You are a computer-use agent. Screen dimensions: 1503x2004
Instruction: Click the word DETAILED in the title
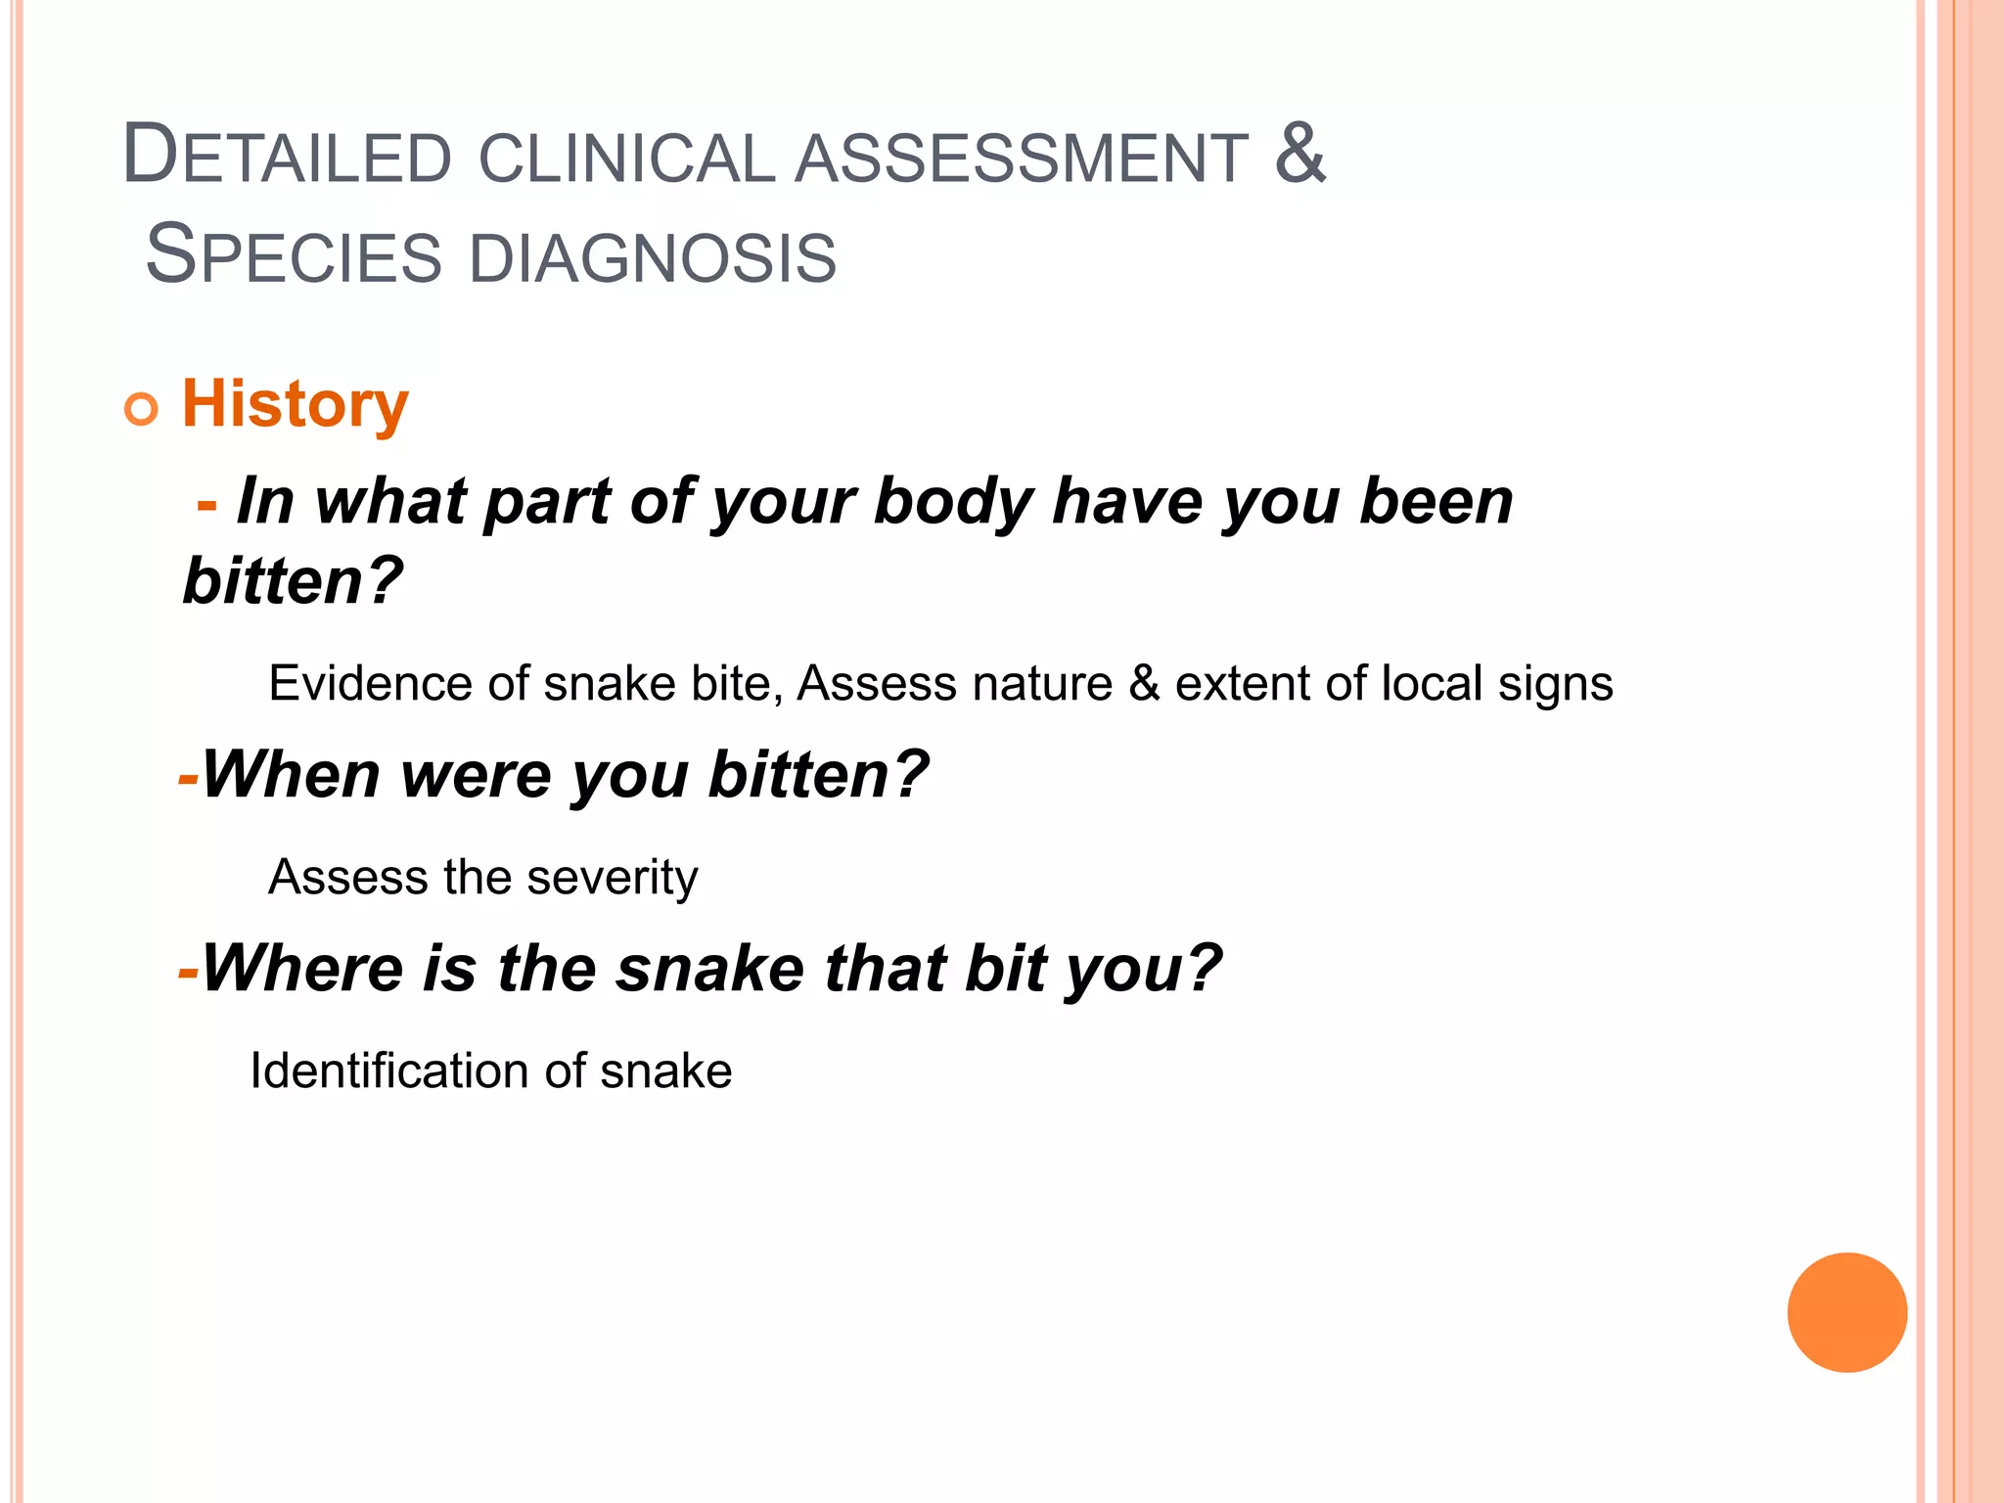point(287,157)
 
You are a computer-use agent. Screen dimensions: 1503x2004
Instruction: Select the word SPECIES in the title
point(294,255)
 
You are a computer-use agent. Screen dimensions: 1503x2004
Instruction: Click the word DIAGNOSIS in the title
point(653,258)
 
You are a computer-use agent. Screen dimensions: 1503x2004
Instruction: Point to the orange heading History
point(295,405)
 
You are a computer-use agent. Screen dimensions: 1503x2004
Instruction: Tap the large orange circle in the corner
point(1846,1312)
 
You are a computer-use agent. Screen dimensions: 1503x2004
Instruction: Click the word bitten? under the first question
point(293,581)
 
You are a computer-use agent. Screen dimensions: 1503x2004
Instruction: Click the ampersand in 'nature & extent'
point(1143,683)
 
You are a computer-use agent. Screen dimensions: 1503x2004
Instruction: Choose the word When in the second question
point(291,775)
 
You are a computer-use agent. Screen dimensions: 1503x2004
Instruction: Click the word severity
point(613,878)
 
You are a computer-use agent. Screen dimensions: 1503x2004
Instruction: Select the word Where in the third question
point(302,969)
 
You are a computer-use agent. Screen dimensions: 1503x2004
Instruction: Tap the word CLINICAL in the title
point(627,159)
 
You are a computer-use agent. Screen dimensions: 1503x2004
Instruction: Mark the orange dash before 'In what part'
point(206,505)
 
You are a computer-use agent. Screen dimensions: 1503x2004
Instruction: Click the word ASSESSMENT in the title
point(1022,159)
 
